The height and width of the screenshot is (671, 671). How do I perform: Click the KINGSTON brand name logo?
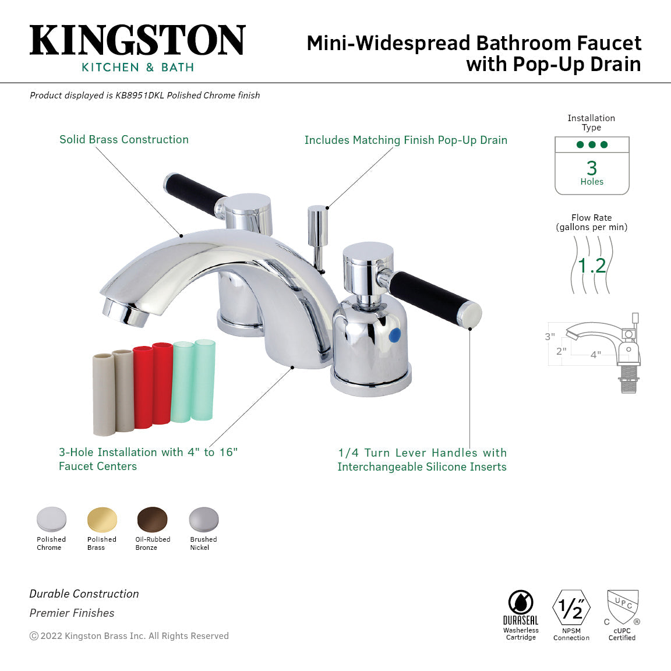[x=137, y=40]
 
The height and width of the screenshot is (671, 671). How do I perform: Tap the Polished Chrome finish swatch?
[x=51, y=519]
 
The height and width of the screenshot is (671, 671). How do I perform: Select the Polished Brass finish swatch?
[x=102, y=519]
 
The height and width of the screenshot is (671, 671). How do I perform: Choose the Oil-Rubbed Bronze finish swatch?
[x=152, y=519]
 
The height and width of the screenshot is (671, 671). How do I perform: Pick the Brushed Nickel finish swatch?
[x=203, y=519]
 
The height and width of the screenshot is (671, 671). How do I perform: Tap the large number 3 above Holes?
[x=592, y=168]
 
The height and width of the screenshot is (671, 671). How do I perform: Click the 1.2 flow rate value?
[x=592, y=266]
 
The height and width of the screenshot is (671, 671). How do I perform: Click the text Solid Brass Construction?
[x=124, y=140]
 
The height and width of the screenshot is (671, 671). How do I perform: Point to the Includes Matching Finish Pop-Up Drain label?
[x=405, y=140]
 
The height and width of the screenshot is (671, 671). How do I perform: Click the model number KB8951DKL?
[x=140, y=96]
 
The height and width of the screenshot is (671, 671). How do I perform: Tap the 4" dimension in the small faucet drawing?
[x=595, y=354]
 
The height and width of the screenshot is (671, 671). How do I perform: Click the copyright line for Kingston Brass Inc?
[x=129, y=636]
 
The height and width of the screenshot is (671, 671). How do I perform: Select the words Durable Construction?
[x=84, y=594]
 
